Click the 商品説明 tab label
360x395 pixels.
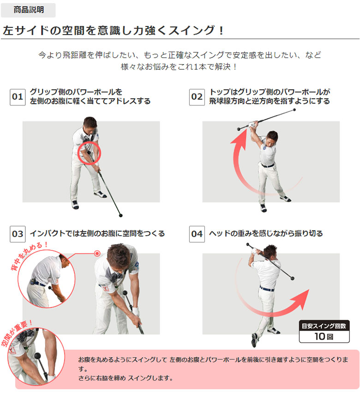click(x=29, y=10)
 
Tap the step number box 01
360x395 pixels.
click(x=18, y=97)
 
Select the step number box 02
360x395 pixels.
click(x=197, y=97)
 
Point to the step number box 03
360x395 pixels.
click(x=18, y=234)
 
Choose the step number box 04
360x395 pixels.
click(x=197, y=234)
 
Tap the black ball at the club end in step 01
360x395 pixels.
click(x=120, y=215)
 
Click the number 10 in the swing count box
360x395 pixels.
click(x=320, y=336)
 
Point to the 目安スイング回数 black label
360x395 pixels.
click(x=324, y=326)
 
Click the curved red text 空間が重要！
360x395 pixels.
click(x=17, y=333)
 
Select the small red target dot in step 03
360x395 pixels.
click(x=97, y=254)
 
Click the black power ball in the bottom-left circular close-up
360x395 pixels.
click(x=37, y=356)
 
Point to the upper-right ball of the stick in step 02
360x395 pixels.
click(x=294, y=110)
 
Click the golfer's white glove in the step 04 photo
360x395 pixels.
click(x=255, y=251)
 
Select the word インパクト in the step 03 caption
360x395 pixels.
click(x=48, y=234)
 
